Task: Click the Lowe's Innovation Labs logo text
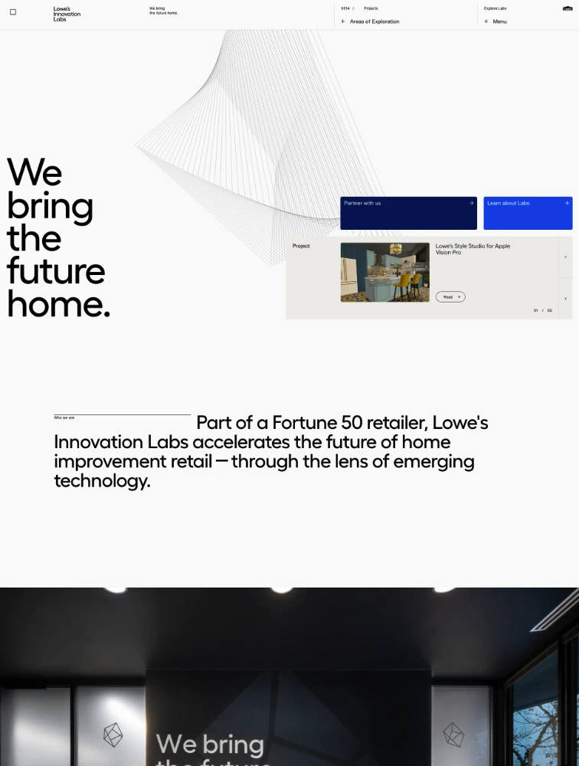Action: (67, 14)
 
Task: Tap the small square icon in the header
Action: (13, 12)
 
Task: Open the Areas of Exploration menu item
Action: (374, 21)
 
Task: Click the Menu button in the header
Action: (499, 21)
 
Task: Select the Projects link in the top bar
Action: (371, 8)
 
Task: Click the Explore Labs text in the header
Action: (495, 8)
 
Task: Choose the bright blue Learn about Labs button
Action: (528, 213)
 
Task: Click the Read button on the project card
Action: (450, 296)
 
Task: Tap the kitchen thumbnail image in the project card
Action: (384, 272)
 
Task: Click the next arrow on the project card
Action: (565, 257)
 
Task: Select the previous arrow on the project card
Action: (565, 299)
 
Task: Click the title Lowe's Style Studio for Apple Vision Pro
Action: (473, 249)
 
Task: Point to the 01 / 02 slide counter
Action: (543, 310)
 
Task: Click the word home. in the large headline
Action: (58, 304)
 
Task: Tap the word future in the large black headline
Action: (56, 271)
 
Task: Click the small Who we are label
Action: (64, 417)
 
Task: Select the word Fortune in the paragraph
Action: (305, 423)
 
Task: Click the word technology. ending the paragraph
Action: (102, 481)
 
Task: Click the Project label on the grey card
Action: (301, 246)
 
